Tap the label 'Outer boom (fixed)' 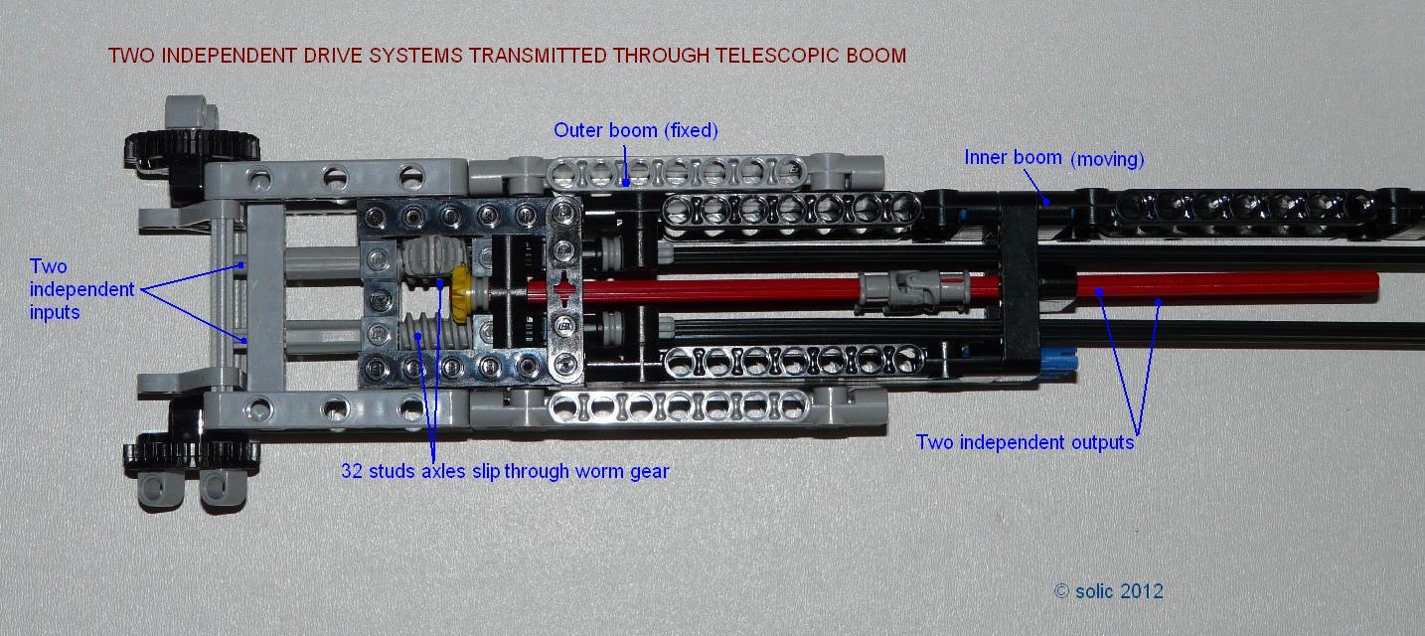[635, 130]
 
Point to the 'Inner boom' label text [1013, 158]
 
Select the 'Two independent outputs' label [1025, 442]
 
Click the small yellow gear [461, 292]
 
